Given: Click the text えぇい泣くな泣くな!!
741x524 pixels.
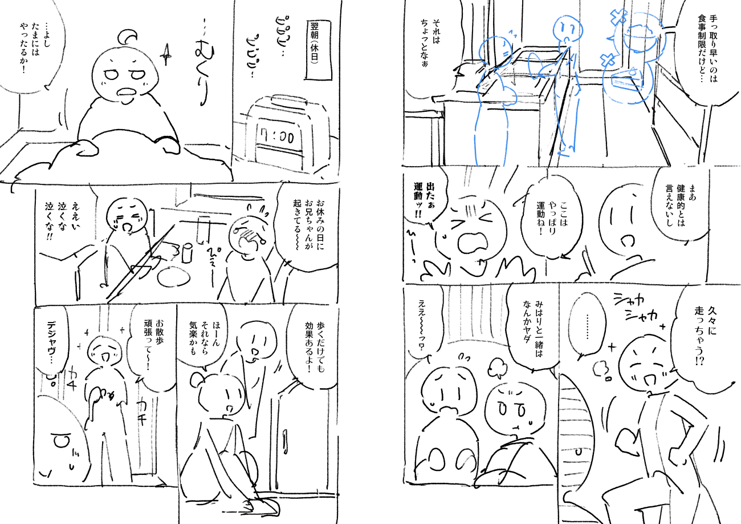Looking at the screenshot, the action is (x=63, y=220).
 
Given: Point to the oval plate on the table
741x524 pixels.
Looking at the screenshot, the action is (x=174, y=277).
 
